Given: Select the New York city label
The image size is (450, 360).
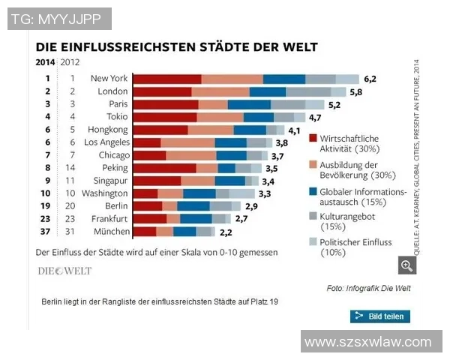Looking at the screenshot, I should (x=109, y=78).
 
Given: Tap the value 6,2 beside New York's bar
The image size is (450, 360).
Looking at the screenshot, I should (x=370, y=78).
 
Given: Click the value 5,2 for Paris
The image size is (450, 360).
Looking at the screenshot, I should (x=334, y=105).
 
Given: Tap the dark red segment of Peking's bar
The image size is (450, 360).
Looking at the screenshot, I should (x=164, y=168).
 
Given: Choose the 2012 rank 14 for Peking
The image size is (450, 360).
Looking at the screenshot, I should (x=73, y=168).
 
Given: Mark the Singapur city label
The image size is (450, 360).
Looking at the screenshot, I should (x=109, y=181).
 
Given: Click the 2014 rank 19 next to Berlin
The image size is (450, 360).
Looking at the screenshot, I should (x=46, y=206).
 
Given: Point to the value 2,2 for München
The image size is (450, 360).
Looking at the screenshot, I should (x=225, y=232).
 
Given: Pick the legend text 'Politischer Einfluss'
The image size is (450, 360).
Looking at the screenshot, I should (x=356, y=242).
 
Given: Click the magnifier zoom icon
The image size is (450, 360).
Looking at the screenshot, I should (x=406, y=265).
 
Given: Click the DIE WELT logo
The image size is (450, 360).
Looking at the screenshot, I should (x=65, y=271).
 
